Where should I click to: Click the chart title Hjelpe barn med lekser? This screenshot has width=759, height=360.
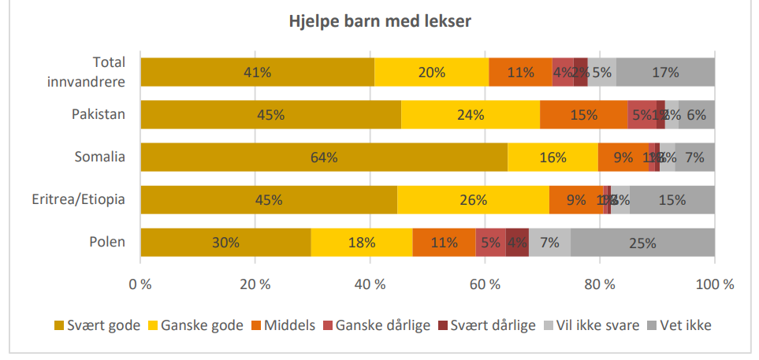[x=379, y=21]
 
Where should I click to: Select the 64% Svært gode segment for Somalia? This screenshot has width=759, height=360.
[x=324, y=157]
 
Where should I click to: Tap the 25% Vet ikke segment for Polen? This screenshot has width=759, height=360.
[x=642, y=242]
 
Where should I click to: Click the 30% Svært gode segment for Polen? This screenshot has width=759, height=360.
[x=225, y=242]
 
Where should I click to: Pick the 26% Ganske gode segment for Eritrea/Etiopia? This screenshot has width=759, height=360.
[x=473, y=199]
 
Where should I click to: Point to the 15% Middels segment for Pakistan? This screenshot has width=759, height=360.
[x=583, y=114]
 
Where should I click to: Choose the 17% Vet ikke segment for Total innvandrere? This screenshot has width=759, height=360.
[x=665, y=72]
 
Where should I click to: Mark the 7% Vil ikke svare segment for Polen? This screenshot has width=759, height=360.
[x=549, y=242]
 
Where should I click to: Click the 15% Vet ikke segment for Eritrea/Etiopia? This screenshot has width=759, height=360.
[x=672, y=199]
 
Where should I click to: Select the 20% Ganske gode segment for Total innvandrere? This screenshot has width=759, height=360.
[x=431, y=72]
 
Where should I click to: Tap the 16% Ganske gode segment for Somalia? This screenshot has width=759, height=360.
[x=553, y=157]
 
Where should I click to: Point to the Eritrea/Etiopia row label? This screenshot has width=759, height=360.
[x=81, y=199]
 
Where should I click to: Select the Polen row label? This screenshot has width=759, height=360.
[x=108, y=242]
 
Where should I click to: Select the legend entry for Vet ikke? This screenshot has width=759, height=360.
[x=678, y=325]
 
